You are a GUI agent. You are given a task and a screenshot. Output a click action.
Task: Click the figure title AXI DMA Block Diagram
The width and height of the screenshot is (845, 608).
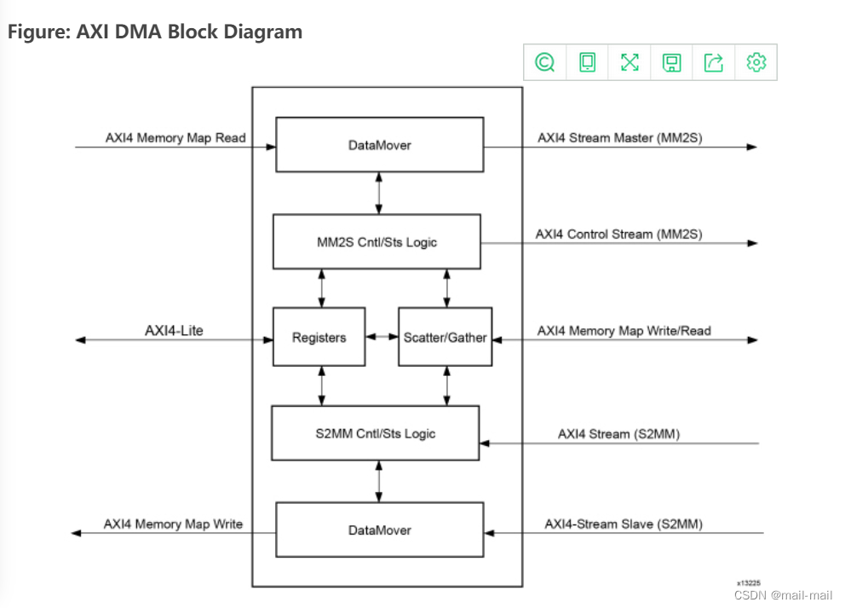pos(155,32)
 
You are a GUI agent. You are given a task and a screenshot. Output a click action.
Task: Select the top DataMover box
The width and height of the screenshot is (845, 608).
pos(379,145)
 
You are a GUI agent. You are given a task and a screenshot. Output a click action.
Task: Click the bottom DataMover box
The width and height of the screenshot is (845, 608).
pos(379,530)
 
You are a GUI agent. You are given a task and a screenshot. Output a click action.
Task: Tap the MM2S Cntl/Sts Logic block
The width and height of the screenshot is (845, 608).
pos(376,242)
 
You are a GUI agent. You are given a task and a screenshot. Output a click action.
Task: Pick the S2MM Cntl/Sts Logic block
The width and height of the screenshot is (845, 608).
pos(376,433)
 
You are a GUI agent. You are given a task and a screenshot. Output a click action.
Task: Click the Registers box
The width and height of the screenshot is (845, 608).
pos(319,338)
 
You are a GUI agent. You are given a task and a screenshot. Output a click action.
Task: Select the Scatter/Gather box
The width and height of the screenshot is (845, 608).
pos(445,338)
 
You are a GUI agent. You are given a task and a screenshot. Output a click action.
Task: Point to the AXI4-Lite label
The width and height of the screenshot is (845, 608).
pos(174,330)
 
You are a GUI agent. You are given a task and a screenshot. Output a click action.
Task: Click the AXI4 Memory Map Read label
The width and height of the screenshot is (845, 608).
pos(175,137)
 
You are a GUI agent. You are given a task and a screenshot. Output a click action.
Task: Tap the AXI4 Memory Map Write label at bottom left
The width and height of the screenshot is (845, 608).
pos(173,524)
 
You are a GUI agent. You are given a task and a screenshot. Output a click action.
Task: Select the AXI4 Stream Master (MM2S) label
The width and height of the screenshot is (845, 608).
pos(620,137)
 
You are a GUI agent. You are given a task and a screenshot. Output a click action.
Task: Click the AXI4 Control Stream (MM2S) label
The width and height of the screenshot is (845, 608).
pos(618,234)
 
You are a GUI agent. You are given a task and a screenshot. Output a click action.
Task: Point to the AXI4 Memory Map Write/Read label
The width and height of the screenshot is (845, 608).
pos(624,330)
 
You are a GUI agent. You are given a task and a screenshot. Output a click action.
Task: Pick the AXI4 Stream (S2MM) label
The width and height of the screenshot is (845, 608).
pos(618,434)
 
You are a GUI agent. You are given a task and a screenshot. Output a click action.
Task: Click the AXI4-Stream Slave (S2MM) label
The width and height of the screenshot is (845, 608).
pos(624,524)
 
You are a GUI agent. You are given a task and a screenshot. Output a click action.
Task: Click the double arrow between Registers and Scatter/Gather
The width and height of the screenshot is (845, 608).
pos(382,338)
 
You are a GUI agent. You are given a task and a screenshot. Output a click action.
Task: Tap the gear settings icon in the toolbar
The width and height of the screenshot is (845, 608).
pos(756,62)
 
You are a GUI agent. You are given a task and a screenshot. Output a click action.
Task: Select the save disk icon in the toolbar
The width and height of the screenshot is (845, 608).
pos(672,62)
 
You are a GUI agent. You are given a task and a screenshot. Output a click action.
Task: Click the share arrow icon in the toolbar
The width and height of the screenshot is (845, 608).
pos(714,62)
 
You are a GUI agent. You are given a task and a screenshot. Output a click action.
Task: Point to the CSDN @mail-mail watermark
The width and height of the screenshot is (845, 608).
pos(783,595)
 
